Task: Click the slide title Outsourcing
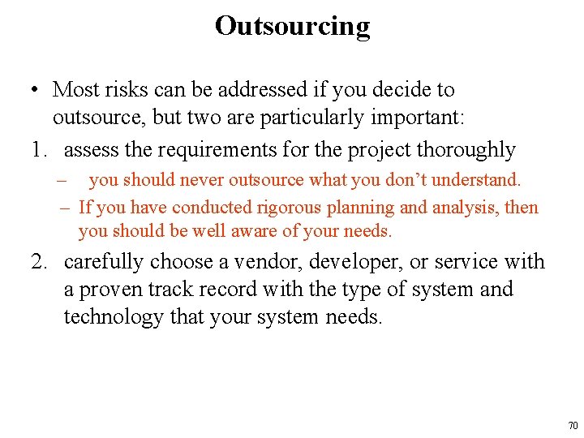click(x=292, y=26)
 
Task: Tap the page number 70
click(x=573, y=426)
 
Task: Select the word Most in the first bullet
click(x=73, y=89)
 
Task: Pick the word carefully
click(x=101, y=262)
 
